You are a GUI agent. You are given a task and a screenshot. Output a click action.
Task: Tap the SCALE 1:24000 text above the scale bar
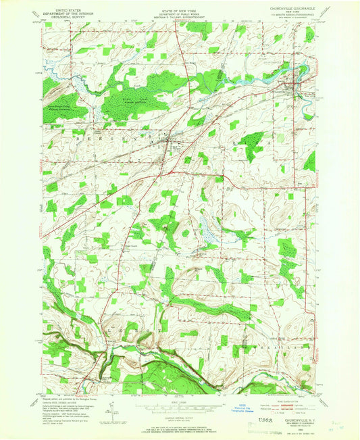(178, 399)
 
